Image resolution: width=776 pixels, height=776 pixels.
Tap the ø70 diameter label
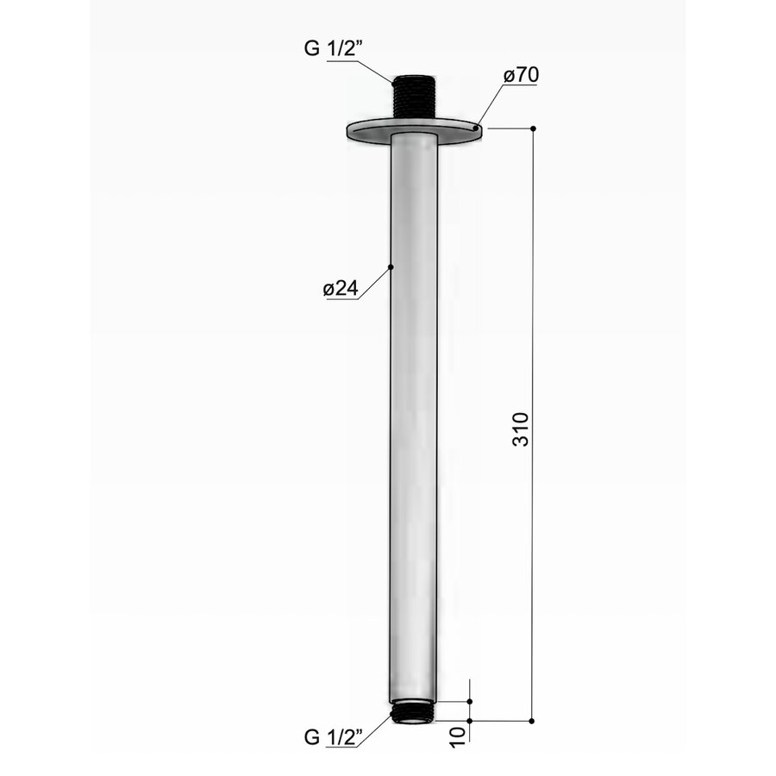[x=521, y=76]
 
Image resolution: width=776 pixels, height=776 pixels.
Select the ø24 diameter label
[x=340, y=290]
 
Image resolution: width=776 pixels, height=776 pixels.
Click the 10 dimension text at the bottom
[x=458, y=734]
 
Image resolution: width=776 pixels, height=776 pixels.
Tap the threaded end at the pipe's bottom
[x=414, y=715]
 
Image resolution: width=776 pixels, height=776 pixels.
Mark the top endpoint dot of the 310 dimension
[x=533, y=128]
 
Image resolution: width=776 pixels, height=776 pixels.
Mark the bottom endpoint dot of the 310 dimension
[x=532, y=720]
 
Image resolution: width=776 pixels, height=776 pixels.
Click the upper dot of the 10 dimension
[x=470, y=703]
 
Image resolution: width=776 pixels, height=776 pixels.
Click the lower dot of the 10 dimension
[x=470, y=720]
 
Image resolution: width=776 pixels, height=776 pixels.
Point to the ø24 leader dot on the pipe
[x=391, y=267]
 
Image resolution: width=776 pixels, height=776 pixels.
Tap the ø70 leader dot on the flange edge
[x=476, y=127]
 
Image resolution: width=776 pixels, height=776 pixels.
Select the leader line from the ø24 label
[x=375, y=283]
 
